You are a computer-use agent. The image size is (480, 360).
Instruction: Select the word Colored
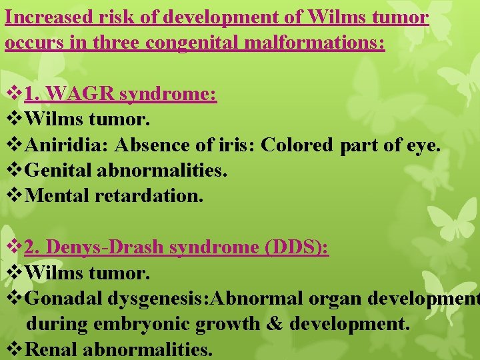click(297, 145)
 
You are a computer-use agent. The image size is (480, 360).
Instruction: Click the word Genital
click(59, 171)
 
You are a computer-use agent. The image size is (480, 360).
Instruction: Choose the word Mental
click(57, 196)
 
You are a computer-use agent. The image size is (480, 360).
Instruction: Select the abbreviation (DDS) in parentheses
click(297, 247)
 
